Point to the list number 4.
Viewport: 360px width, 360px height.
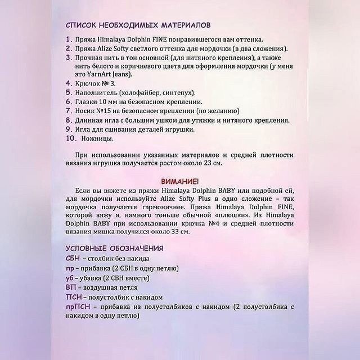(x=69, y=83)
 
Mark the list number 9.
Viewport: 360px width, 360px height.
(x=69, y=129)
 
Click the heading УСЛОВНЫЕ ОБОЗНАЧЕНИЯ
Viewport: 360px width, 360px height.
(x=115, y=248)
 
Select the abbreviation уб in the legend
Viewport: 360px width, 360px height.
(x=70, y=278)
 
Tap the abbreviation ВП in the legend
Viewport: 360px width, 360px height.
(x=71, y=287)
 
